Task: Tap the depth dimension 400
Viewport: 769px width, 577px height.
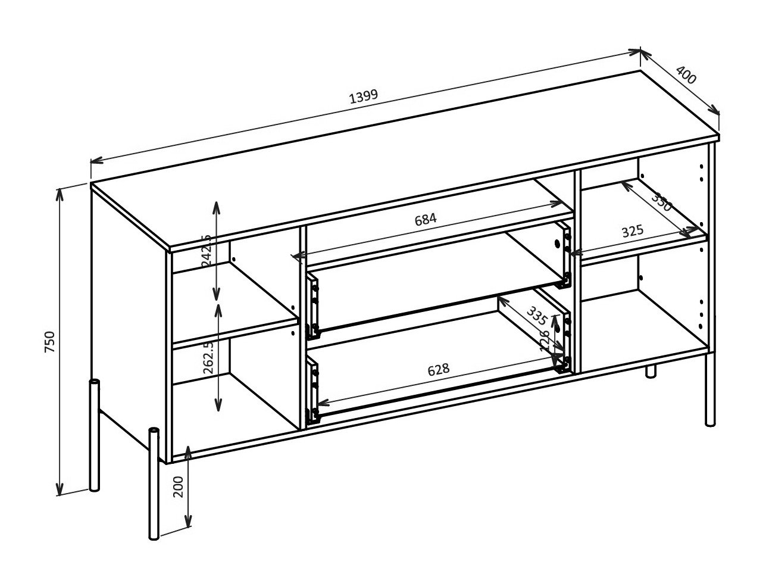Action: (686, 77)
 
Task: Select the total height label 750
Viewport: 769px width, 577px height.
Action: (50, 342)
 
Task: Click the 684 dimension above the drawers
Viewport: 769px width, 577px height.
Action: (426, 219)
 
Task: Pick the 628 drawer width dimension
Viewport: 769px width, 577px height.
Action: (438, 370)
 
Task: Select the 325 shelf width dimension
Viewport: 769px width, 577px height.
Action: (632, 231)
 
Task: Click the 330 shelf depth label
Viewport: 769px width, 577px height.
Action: (661, 202)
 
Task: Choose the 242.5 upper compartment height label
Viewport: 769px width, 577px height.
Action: (207, 250)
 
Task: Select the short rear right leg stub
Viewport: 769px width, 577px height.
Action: (651, 371)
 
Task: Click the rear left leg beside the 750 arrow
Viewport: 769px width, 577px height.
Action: (94, 435)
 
